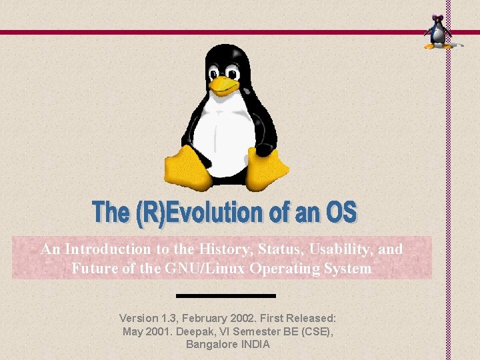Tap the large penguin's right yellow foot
(x=267, y=168)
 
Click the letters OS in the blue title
(x=341, y=213)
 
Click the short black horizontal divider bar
(x=225, y=295)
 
